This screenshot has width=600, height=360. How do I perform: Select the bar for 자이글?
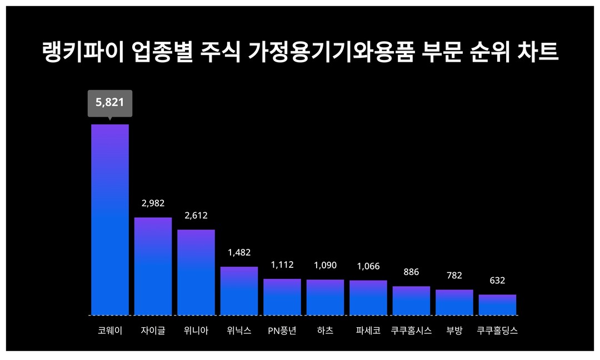pyautogui.click(x=153, y=266)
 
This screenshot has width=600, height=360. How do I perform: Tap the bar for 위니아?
pyautogui.click(x=196, y=272)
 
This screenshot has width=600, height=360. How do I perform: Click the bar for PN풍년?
pyautogui.click(x=282, y=297)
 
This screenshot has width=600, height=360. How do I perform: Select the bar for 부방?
pyautogui.click(x=454, y=302)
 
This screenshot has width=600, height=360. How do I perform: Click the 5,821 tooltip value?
pyautogui.click(x=110, y=102)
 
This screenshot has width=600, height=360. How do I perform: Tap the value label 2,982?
pyautogui.click(x=153, y=203)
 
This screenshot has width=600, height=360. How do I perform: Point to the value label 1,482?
pyautogui.click(x=239, y=252)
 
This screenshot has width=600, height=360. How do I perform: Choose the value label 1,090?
pyautogui.click(x=325, y=265)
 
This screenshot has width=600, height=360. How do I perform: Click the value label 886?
pyautogui.click(x=411, y=272)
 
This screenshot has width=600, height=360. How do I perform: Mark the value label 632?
pyautogui.click(x=497, y=281)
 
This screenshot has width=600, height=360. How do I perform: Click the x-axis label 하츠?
pyautogui.click(x=325, y=331)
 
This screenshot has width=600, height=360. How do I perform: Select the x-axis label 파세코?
pyautogui.click(x=368, y=331)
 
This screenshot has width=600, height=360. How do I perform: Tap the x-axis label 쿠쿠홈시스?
pyautogui.click(x=411, y=331)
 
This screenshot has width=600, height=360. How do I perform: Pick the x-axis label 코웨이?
pyautogui.click(x=110, y=331)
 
